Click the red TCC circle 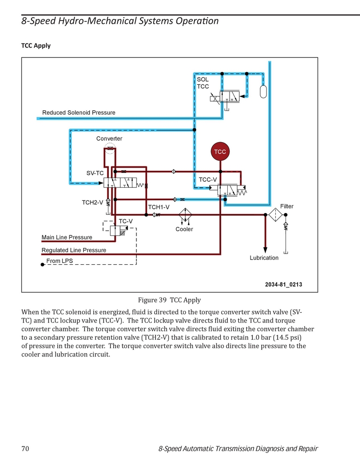[220, 151]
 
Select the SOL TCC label [203, 83]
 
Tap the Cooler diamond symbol [185, 214]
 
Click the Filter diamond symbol [275, 214]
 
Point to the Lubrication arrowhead [265, 250]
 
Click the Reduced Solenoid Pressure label [79, 113]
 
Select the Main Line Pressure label [67, 237]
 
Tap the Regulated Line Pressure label [74, 250]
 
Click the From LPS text [60, 261]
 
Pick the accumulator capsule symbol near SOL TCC [263, 91]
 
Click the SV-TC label [95, 173]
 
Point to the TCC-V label [208, 179]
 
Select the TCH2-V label [92, 202]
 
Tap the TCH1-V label [159, 207]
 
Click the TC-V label [126, 221]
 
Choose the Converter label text [109, 138]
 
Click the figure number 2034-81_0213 [284, 284]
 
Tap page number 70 [25, 448]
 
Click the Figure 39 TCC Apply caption [170, 300]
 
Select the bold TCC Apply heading [36, 46]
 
